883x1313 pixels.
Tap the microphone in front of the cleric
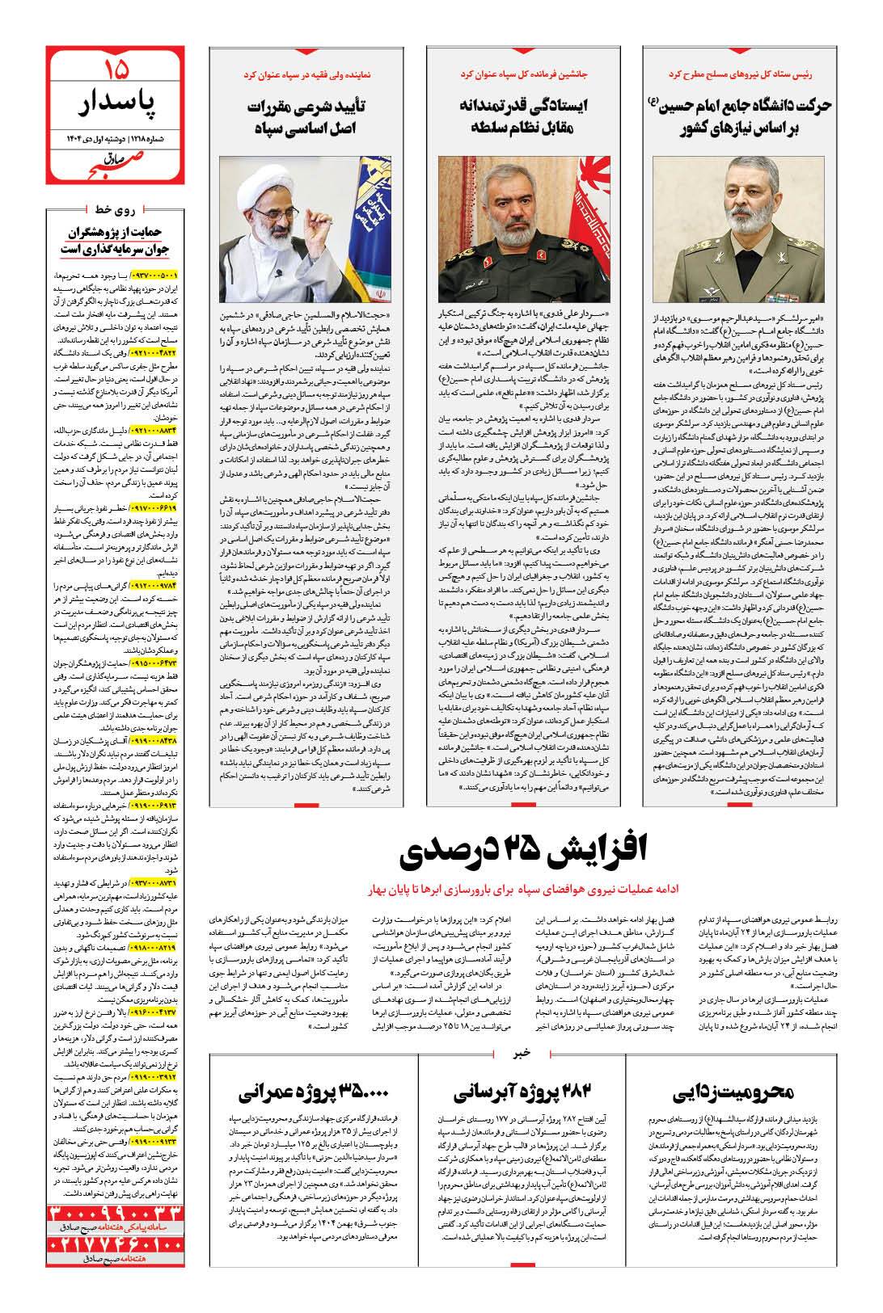pos(280,275)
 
